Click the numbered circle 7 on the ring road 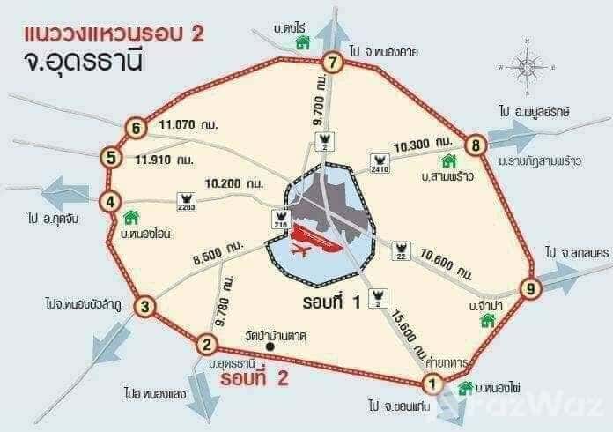332,63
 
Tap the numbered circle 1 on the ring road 432,384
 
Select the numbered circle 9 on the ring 529,287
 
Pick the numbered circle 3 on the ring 148,308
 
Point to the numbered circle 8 475,145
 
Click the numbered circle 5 110,159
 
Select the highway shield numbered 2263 186,202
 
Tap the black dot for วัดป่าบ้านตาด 270,346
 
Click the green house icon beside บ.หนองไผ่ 465,389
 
